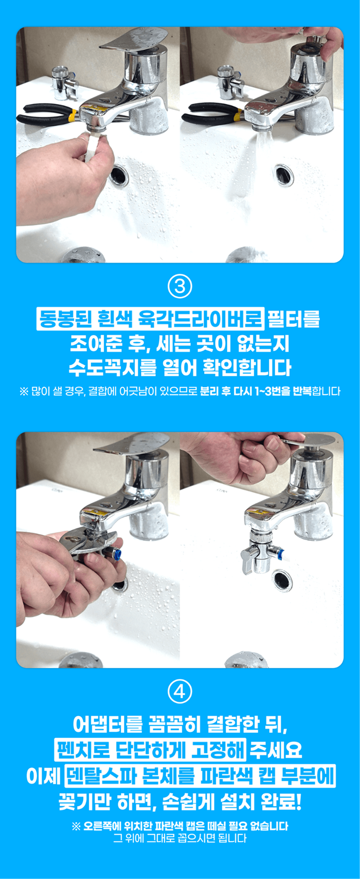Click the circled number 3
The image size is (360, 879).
[180, 287]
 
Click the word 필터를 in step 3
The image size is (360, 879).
[294, 319]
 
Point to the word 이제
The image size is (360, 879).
[43, 775]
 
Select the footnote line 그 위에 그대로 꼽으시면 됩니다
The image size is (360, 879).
[180, 838]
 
